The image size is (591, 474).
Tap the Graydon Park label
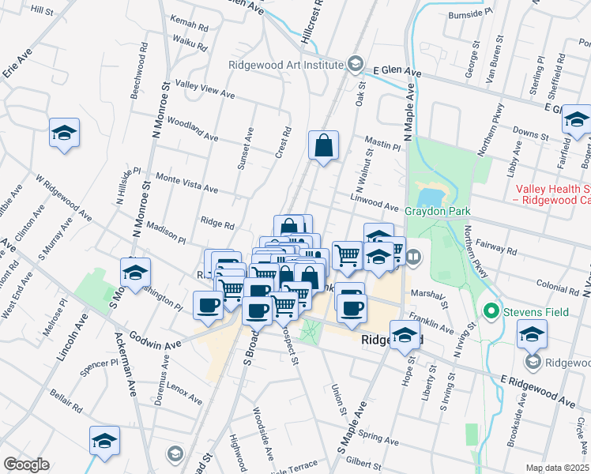(438, 211)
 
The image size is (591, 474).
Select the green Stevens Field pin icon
(490, 312)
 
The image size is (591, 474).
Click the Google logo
(26, 465)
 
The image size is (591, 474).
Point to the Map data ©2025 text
(557, 468)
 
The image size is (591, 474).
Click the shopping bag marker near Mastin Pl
(323, 146)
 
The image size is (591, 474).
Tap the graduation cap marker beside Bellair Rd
(104, 442)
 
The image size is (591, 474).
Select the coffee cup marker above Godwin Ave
(209, 304)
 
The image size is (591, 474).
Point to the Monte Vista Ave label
(186, 183)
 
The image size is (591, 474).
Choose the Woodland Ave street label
(192, 130)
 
